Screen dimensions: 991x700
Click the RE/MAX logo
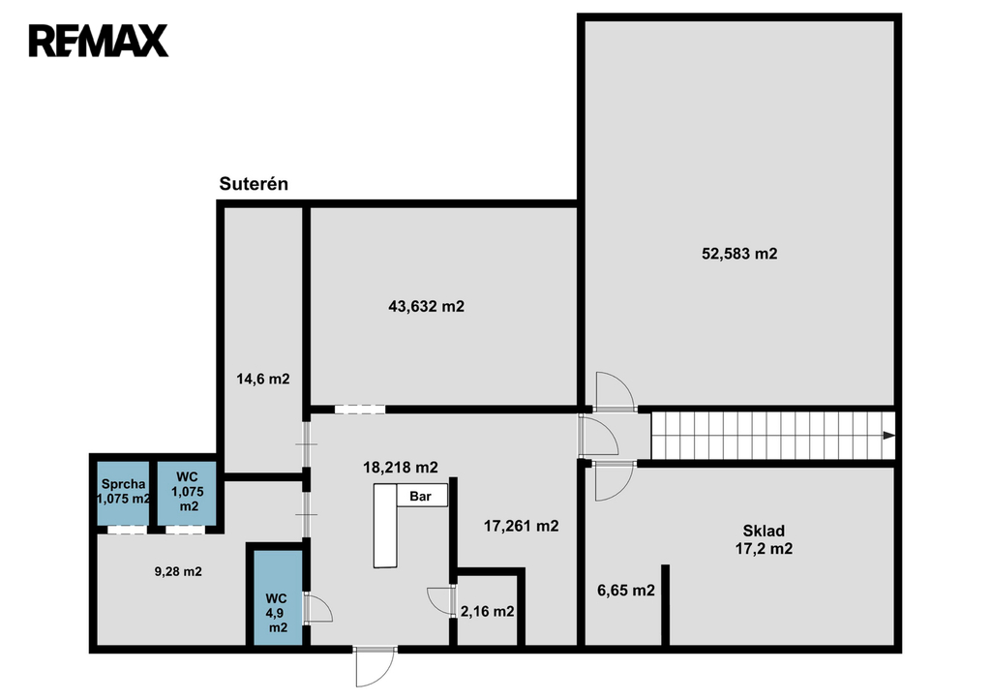[99, 41]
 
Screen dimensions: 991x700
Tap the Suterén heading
[254, 184]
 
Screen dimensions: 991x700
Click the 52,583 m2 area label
[739, 254]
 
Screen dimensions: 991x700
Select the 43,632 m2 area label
[426, 307]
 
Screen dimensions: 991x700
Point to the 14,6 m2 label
[263, 380]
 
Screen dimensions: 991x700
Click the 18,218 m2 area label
[400, 468]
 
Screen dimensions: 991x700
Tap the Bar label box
[421, 497]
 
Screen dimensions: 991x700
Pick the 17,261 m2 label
[522, 526]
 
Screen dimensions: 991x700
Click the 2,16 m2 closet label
[488, 612]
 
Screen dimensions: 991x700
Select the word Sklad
[764, 532]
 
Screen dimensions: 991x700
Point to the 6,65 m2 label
[626, 591]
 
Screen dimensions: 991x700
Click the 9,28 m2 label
[178, 571]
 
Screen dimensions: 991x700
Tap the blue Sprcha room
[123, 493]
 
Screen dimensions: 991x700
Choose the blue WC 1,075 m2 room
[187, 493]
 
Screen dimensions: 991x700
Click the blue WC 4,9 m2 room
[278, 598]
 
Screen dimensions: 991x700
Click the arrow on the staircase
[888, 435]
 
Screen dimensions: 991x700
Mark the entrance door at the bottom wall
[375, 666]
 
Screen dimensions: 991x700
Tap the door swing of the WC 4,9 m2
[317, 608]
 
